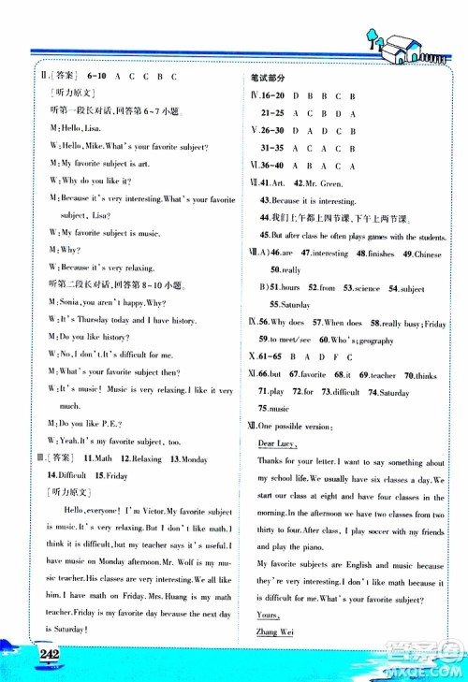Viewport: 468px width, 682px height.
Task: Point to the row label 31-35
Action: pos(273,147)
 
